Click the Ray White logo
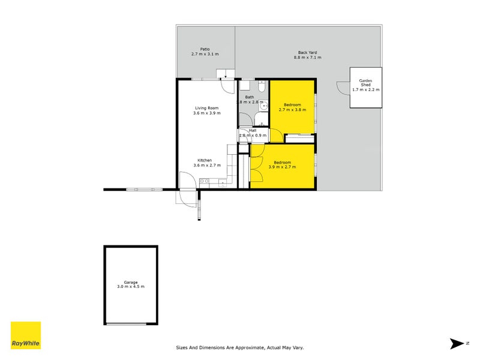pos(26,335)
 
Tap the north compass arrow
pos(457,343)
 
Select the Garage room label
pos(131,282)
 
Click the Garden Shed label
pos(365,83)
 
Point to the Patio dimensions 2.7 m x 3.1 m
pos(205,54)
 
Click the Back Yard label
pos(308,53)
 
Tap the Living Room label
pos(207,108)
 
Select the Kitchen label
pos(205,160)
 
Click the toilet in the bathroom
pos(262,86)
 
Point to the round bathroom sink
pos(263,106)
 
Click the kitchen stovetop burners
pos(205,181)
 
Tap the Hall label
pos(253,130)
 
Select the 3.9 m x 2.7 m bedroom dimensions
pos(282,167)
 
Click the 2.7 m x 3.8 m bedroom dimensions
pos(292,110)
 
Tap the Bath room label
pos(250,97)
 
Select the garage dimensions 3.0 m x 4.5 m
pos(131,287)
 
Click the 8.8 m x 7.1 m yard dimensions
pos(308,58)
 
